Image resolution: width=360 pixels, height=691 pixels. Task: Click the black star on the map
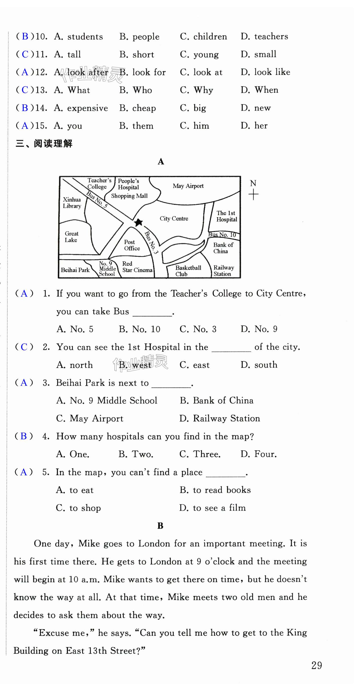(138, 222)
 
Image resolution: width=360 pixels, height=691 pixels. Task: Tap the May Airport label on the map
(188, 186)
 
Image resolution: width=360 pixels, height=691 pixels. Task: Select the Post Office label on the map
(132, 245)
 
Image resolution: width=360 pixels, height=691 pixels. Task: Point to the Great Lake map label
(71, 237)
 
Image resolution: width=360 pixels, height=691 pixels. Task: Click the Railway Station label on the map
(224, 271)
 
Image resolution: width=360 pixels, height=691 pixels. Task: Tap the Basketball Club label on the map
(188, 271)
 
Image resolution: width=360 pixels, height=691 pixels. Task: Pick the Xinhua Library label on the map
(72, 203)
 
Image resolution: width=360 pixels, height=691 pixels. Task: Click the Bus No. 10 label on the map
(222, 235)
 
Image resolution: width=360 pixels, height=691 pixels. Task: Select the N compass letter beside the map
(253, 183)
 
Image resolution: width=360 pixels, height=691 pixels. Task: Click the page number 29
(317, 666)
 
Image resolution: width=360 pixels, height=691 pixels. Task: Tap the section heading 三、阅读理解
(44, 144)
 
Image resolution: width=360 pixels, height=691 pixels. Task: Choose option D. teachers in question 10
(264, 37)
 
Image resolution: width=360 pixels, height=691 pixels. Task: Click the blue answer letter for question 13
(25, 90)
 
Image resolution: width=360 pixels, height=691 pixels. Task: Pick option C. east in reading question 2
(195, 365)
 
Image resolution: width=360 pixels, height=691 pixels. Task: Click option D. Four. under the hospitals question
(258, 454)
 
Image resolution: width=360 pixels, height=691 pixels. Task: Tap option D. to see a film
(213, 508)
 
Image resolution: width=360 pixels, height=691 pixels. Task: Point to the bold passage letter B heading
(160, 526)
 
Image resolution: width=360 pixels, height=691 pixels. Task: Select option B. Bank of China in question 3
(216, 401)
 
